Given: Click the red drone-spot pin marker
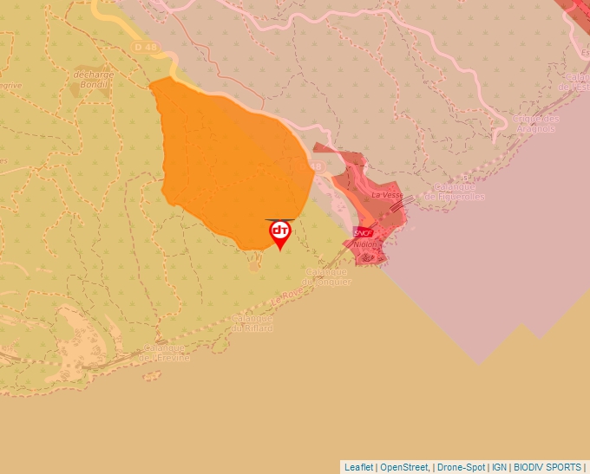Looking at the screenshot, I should point(279,233).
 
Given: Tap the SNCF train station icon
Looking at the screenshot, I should point(364,232).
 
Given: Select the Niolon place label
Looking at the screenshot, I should point(366,244).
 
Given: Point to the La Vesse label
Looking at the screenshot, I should point(386,196).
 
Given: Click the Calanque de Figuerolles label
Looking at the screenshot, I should point(455,192).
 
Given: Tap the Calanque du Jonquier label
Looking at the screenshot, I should point(328,276).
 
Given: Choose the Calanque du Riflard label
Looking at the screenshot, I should point(252,323).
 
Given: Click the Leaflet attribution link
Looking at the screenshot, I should point(358,467).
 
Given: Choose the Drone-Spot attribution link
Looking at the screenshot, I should point(461,467).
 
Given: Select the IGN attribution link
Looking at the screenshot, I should point(499,467).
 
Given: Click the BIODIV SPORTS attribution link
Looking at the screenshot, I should point(547,467).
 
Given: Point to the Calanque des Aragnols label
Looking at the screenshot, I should point(536,123).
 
